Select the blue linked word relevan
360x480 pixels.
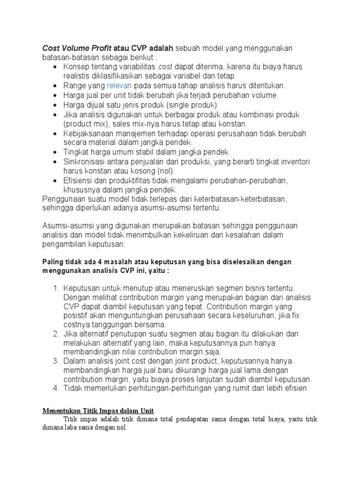[120, 86]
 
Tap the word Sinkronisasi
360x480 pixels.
[85, 162]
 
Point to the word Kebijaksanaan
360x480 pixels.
[88, 133]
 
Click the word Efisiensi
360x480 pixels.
[78, 180]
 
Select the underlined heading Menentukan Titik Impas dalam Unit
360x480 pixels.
[99, 411]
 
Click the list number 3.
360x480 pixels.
[55, 361]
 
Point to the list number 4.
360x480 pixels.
[55, 389]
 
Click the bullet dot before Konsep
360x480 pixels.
[55, 67]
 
